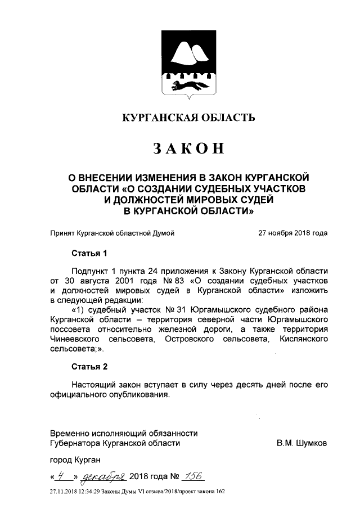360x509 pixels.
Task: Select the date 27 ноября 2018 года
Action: point(292,232)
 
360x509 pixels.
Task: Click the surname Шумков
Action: point(313,443)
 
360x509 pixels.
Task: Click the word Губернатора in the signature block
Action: point(76,443)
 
